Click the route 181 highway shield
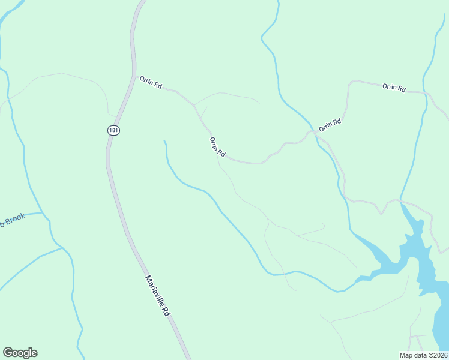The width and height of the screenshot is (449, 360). (x=113, y=130)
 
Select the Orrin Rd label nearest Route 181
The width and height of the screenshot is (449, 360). (x=151, y=82)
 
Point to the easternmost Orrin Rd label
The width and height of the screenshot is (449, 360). (x=394, y=88)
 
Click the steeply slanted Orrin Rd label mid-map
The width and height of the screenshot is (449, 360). (x=217, y=147)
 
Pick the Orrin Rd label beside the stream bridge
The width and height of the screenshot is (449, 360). (x=330, y=125)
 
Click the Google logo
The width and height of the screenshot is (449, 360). (x=20, y=353)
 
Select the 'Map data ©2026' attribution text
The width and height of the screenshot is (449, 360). (x=423, y=355)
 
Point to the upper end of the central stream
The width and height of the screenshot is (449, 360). (x=164, y=141)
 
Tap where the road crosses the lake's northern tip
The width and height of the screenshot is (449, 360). (x=399, y=200)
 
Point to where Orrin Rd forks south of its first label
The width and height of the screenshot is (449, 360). (x=194, y=105)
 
